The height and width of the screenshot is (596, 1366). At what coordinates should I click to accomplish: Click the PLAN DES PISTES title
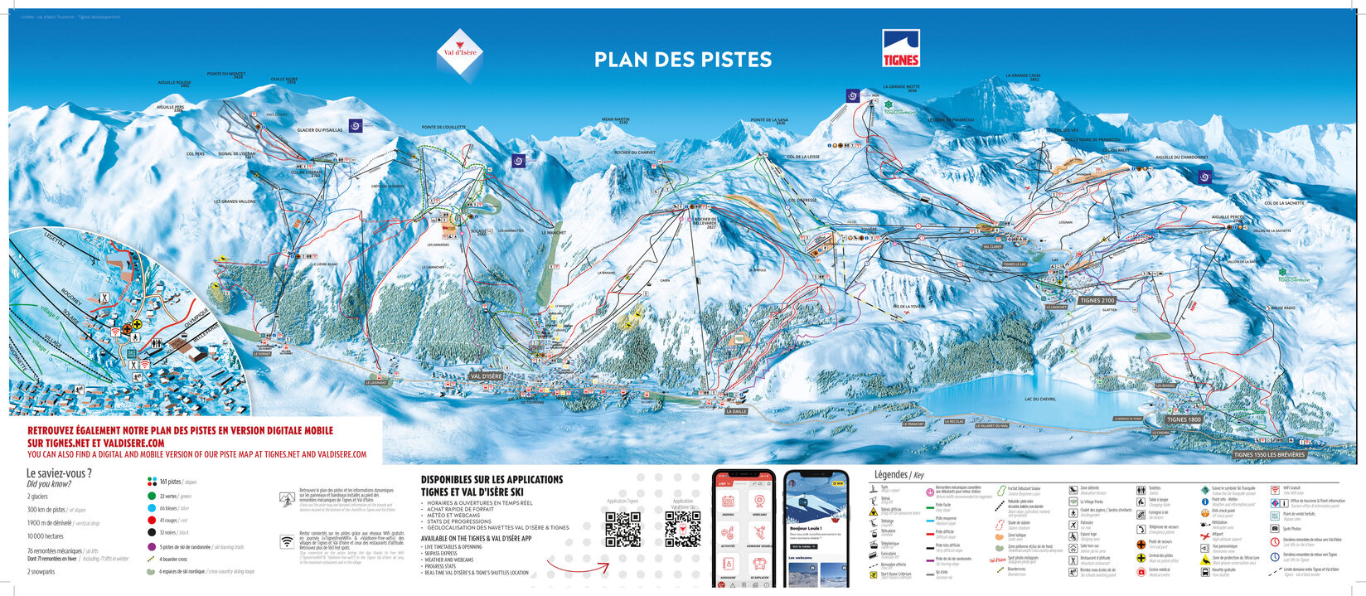[x=683, y=60]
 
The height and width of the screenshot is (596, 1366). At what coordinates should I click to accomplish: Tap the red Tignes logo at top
[x=900, y=48]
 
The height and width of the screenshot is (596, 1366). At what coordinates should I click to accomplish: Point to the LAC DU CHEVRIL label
[x=1039, y=400]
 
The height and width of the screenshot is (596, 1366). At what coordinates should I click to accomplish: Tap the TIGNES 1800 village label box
[x=1183, y=419]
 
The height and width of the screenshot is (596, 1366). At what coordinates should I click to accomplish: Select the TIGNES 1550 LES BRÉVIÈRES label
[x=1268, y=454]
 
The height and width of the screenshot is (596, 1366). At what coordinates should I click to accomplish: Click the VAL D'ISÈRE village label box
[x=486, y=376]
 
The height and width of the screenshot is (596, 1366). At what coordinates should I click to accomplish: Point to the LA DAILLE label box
[x=736, y=411]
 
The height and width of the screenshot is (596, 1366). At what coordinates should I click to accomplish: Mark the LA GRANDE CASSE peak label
[x=1022, y=76]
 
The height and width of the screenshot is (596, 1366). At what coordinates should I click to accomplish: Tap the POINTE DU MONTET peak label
[x=225, y=75]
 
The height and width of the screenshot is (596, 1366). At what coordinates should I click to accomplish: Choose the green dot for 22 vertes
[x=152, y=496]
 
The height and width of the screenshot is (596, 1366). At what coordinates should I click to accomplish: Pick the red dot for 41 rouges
[x=152, y=520]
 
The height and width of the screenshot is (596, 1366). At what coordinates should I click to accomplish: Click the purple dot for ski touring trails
[x=152, y=546]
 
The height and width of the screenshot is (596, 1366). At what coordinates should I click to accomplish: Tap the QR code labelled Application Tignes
[x=622, y=529]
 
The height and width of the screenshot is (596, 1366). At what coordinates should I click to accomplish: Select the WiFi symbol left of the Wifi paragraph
[x=287, y=541]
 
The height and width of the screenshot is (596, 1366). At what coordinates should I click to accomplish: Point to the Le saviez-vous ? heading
[x=59, y=474]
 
